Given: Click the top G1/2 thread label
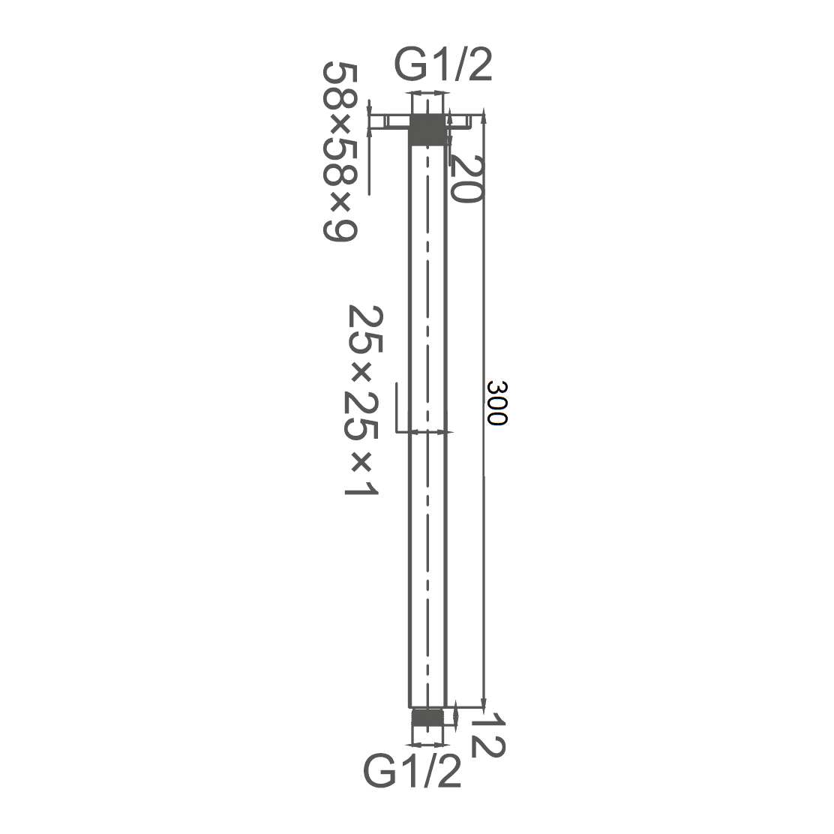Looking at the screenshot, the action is pos(443,64).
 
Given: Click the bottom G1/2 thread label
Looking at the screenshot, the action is pos(412,771).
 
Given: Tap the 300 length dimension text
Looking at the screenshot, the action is pos(497,403).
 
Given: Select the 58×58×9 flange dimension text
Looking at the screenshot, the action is pos(340,151).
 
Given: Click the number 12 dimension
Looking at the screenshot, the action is pos(487,736).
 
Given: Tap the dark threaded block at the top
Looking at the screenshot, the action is pos(427,129).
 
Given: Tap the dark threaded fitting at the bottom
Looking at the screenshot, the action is pos(427,717).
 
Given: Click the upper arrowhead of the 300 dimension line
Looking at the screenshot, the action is pos(484,118).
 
